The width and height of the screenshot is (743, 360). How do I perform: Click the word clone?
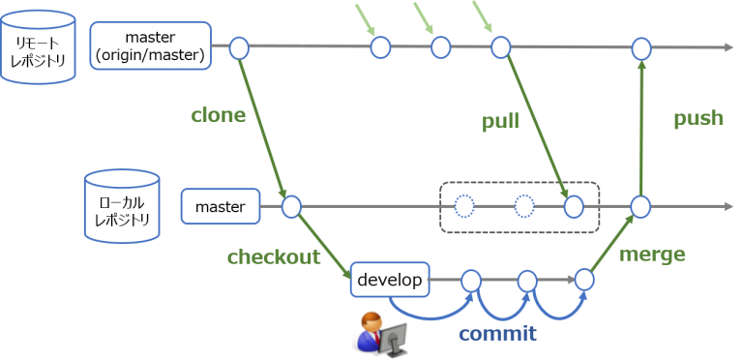pos(218,115)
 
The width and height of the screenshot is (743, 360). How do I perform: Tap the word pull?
pos(500,122)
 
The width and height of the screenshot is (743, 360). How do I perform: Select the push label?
pos(698,118)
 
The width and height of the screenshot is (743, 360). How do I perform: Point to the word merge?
pos(651,255)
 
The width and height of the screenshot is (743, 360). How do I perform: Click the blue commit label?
pos(497,333)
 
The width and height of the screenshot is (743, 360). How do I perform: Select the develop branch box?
pos(389,281)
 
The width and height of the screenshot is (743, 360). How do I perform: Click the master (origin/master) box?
pos(150,46)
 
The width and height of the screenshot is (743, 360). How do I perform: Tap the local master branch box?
pos(221,206)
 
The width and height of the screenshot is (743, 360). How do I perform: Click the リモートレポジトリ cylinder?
pos(39,46)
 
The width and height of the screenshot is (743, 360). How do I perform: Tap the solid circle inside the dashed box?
pos(574,206)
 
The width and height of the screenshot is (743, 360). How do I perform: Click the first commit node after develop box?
pos(471,281)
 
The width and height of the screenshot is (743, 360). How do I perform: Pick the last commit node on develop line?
pos(584,280)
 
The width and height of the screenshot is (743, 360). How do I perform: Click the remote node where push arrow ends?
pos(640,47)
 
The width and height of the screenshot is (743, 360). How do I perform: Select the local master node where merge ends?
pos(640,206)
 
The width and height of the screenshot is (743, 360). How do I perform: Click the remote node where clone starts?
pos(239,46)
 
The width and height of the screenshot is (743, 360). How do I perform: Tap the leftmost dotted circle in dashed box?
pos(464,206)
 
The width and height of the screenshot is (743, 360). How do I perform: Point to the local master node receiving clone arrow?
pos(291,206)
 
